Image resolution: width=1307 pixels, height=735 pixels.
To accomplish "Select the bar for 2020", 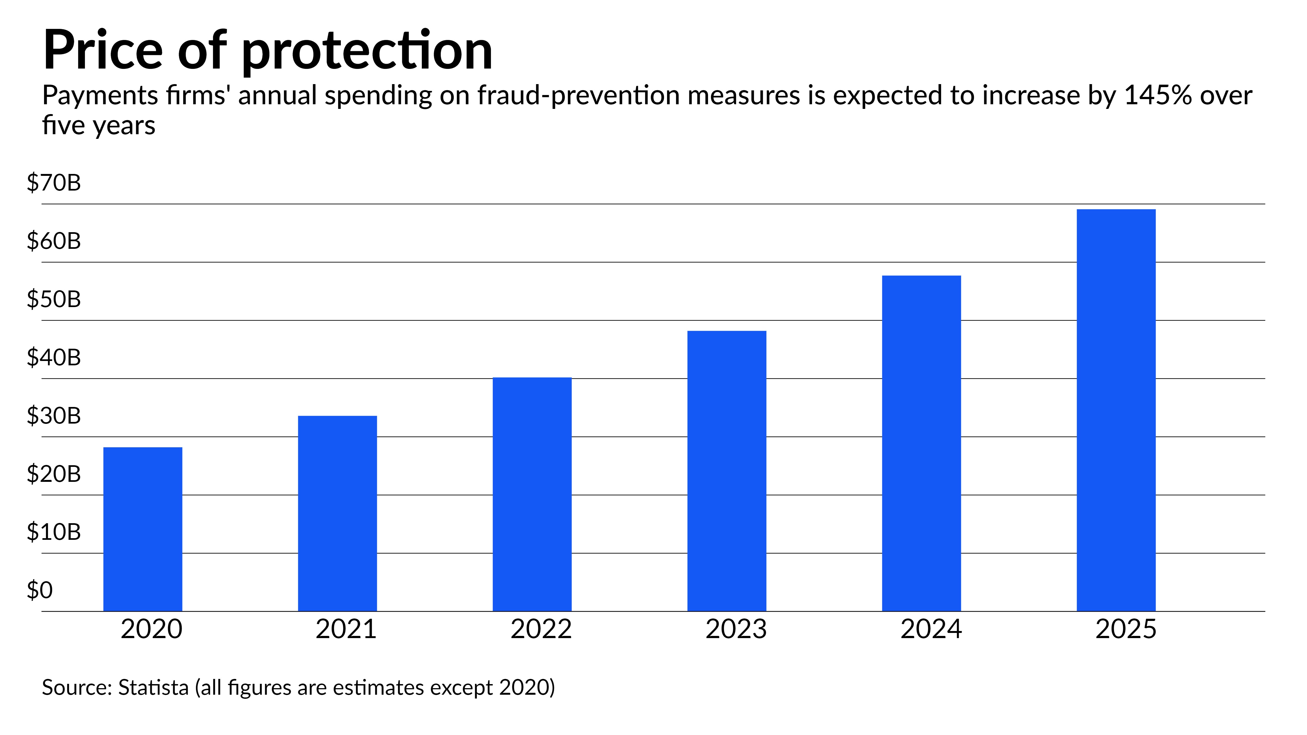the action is coord(143,529).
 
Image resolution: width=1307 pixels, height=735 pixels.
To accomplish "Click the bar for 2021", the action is coord(337,513).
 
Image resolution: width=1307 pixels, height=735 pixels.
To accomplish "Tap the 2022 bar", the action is coord(532,494).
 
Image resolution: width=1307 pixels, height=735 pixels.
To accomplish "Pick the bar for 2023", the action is coord(726,471).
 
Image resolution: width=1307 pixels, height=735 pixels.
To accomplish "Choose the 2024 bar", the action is coord(921,443).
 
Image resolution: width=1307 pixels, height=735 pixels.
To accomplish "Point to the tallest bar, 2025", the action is coord(1116,410).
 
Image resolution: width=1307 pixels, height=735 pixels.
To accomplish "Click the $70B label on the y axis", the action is coord(54,183).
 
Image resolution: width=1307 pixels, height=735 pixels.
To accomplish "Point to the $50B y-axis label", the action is coord(54,299).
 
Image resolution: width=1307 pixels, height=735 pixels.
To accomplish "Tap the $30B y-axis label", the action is coord(54,415).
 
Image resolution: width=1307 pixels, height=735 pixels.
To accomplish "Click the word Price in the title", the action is coord(103,51).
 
